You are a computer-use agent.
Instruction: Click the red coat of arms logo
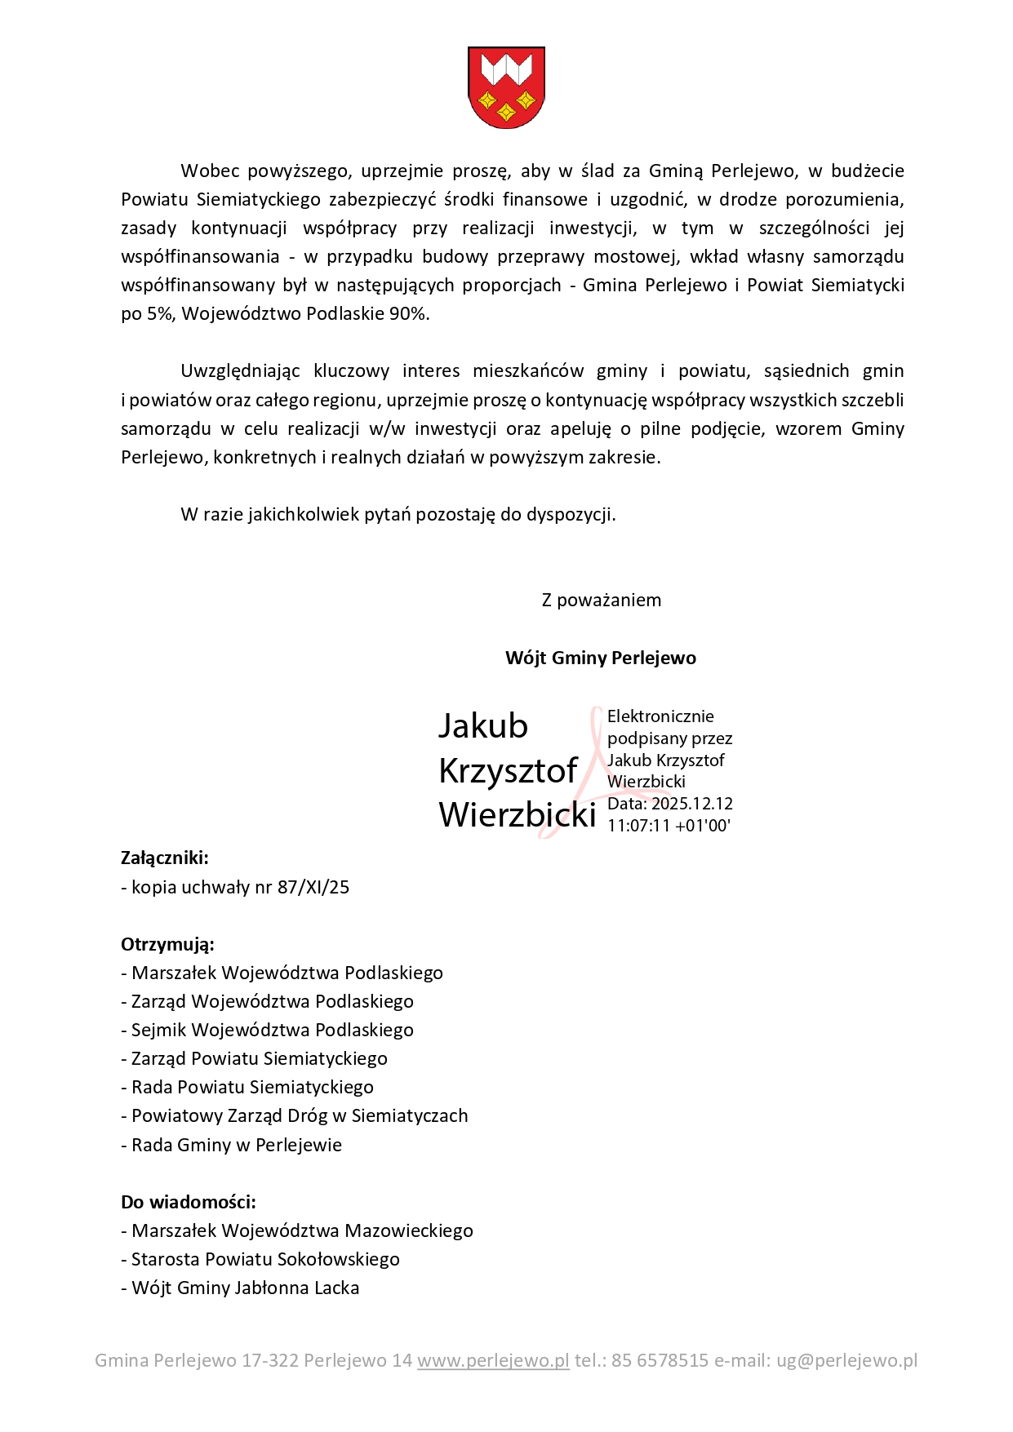[x=506, y=87]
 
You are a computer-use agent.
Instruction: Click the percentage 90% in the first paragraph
[x=408, y=314]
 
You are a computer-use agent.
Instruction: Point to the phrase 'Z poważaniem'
[x=601, y=601]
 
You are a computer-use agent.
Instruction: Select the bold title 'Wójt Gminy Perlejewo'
[x=600, y=658]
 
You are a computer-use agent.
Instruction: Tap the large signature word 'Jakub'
[x=483, y=726]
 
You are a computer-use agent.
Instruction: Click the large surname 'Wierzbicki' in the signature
[x=518, y=814]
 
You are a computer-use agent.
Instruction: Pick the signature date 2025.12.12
[x=692, y=804]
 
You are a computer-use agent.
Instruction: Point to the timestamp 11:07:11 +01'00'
[x=669, y=826]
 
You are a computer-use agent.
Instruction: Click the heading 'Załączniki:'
[x=165, y=858]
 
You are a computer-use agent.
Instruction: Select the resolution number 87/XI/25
[x=313, y=888]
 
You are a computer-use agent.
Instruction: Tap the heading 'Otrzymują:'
[x=167, y=945]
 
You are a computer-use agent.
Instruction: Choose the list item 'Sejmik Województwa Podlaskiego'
[x=273, y=1031]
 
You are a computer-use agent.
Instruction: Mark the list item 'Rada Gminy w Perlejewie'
[x=237, y=1146]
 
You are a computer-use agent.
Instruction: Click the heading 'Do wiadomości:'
[x=189, y=1203]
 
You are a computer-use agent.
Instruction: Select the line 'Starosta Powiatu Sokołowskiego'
[x=265, y=1260]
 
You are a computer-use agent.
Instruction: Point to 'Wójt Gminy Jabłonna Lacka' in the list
[x=245, y=1288]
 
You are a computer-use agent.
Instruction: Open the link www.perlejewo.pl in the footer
[x=493, y=1361]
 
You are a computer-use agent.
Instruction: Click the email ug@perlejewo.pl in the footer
[x=846, y=1361]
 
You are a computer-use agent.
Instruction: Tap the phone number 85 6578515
[x=660, y=1361]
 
